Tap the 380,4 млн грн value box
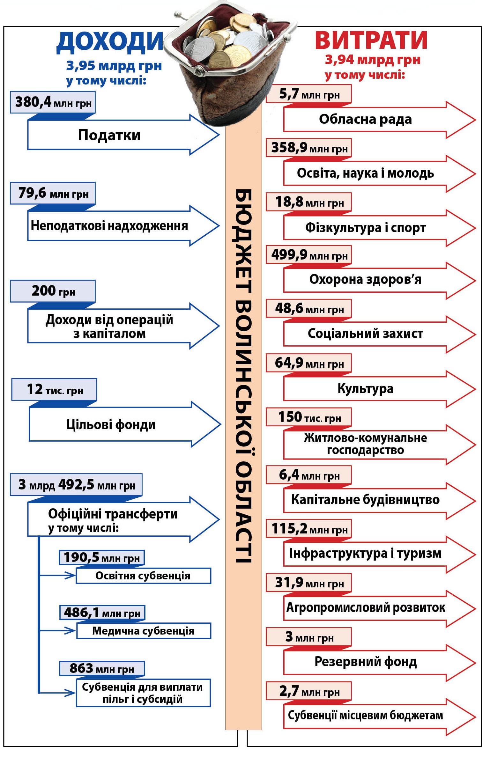click(53, 102)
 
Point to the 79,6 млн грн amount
click(53, 193)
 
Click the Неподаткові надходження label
click(109, 226)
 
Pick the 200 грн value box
click(53, 291)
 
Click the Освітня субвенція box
click(143, 576)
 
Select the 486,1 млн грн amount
click(102, 613)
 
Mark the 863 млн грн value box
click(102, 668)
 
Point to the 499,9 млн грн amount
click(309, 255)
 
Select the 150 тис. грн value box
click(309, 417)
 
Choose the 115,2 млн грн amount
click(309, 529)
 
